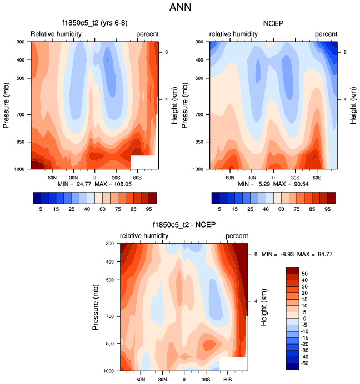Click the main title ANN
coord(179,8)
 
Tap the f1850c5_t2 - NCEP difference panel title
coord(183,225)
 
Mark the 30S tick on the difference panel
coord(206,379)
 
